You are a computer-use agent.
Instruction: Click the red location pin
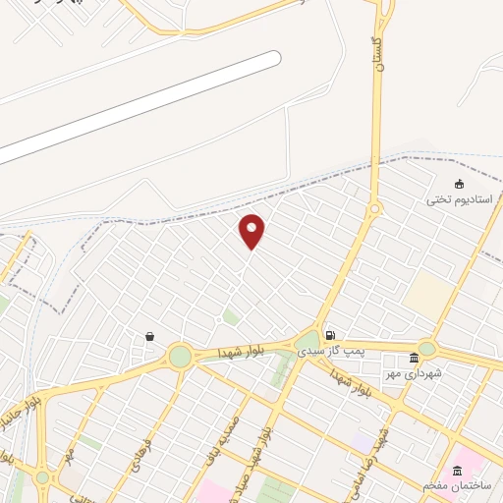[252, 231]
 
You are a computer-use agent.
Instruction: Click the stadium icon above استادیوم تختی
[458, 184]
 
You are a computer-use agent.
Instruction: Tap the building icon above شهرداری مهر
[414, 356]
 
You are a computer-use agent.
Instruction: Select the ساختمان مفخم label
[456, 485]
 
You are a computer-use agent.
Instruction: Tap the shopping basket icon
[149, 336]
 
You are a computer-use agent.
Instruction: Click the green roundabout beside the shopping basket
[180, 356]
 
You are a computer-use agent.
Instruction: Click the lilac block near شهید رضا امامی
[364, 441]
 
